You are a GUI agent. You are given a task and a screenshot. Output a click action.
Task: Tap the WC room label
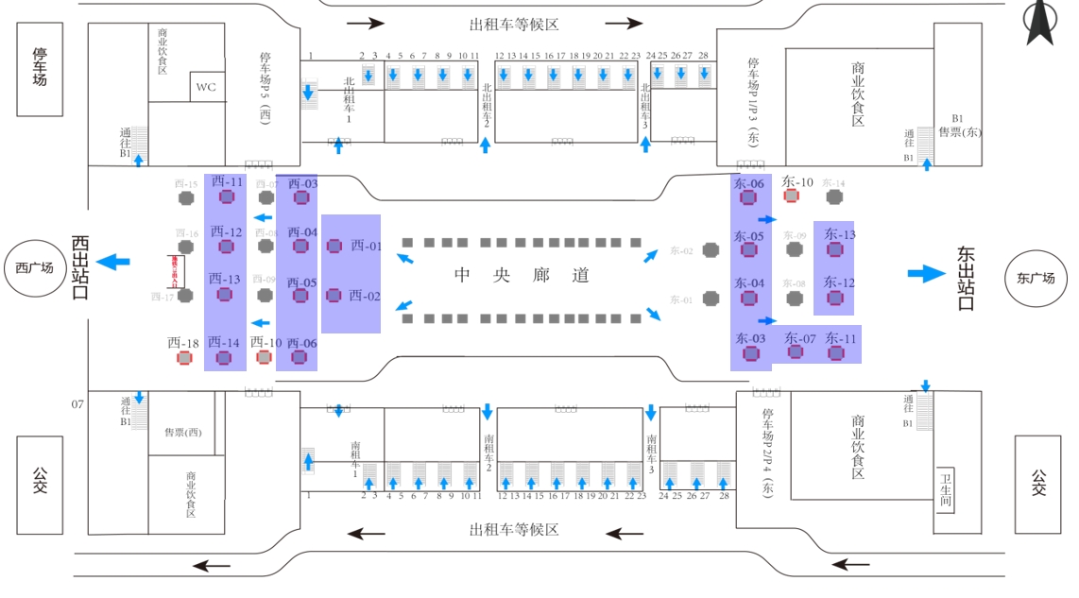(x=206, y=88)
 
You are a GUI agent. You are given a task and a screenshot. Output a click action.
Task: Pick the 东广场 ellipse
(x=1036, y=278)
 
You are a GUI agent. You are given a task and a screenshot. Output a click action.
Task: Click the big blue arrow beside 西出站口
(x=115, y=261)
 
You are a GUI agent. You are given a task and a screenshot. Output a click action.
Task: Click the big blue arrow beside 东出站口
(x=926, y=274)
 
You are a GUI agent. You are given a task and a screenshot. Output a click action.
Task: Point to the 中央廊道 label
(x=522, y=276)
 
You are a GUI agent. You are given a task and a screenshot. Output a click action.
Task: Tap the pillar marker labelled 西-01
(x=334, y=246)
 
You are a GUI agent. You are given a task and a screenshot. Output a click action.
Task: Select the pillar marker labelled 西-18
(x=185, y=358)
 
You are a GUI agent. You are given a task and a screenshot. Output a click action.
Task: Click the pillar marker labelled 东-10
(x=792, y=196)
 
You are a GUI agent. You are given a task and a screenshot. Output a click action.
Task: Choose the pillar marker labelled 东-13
(x=835, y=249)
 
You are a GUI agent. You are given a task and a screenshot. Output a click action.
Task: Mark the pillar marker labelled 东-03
(x=751, y=353)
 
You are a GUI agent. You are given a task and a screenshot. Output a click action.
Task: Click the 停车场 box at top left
(x=40, y=69)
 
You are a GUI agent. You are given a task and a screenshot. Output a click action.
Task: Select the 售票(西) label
(x=183, y=432)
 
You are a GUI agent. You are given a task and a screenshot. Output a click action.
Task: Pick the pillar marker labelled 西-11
(x=227, y=196)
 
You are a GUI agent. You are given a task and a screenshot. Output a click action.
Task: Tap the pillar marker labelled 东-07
(x=796, y=351)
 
